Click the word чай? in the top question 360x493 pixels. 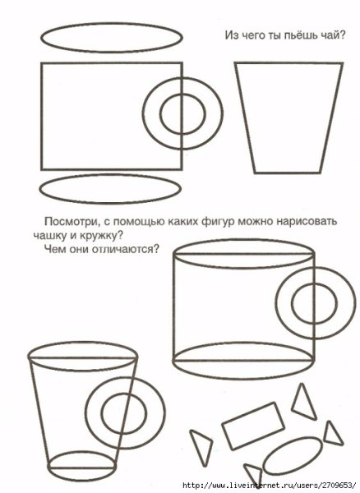333,35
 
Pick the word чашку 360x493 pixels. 48,236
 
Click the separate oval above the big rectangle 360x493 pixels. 112,23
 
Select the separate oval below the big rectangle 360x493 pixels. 110,174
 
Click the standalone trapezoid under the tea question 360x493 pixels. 235,64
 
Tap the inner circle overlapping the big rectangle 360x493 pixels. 182,94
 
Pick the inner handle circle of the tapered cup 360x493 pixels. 124,393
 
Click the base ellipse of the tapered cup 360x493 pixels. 82,452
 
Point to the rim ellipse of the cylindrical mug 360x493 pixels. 243,240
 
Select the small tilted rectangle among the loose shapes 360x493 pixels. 253,426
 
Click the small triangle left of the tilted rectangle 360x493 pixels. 201,446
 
